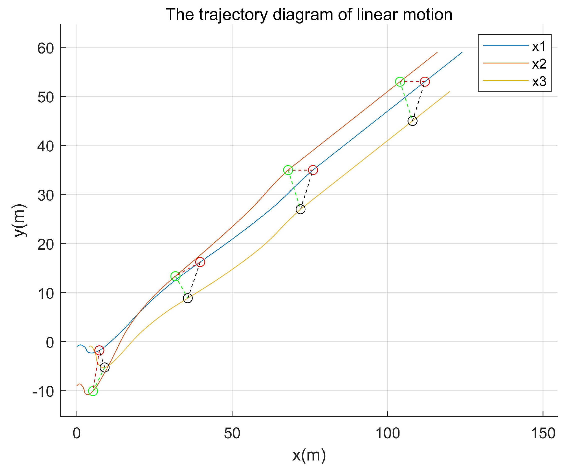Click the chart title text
pyautogui.click(x=309, y=15)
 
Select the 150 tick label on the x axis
pyautogui.click(x=543, y=433)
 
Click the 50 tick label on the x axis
pyautogui.click(x=232, y=433)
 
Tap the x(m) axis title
pyautogui.click(x=309, y=455)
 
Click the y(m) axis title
pyautogui.click(x=20, y=220)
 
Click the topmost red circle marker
pyautogui.click(x=425, y=82)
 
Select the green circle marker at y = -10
pyautogui.click(x=93, y=391)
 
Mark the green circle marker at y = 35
pyautogui.click(x=288, y=170)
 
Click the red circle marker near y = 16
pyautogui.click(x=200, y=262)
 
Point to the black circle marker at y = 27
pyautogui.click(x=300, y=209)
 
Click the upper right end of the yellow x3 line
pyautogui.click(x=449, y=92)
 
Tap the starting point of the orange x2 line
pyautogui.click(x=77, y=385)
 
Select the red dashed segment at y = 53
pyautogui.click(x=412, y=82)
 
